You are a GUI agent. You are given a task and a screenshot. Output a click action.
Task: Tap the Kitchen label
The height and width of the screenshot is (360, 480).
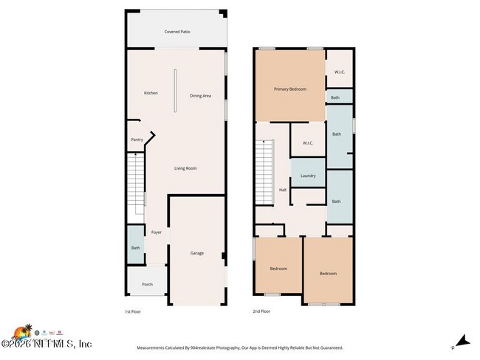[151, 93]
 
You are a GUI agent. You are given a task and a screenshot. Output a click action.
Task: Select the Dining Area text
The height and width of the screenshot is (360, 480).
[200, 96]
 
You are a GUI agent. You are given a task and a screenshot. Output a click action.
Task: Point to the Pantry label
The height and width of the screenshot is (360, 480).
[137, 139]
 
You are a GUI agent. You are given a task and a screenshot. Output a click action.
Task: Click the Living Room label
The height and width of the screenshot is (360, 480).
[185, 168]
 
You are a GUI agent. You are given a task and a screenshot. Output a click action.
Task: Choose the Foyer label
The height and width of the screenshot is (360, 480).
[157, 232]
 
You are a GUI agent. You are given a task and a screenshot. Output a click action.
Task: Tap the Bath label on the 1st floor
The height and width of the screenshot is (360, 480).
[135, 248]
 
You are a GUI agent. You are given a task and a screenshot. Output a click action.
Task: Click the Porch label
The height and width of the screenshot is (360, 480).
[147, 284]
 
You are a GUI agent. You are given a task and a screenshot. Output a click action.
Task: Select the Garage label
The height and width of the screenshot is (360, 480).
[197, 253]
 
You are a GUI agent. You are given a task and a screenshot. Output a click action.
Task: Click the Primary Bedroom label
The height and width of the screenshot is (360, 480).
[289, 89]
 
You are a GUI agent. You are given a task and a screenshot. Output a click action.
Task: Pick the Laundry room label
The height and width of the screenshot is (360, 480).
[308, 176]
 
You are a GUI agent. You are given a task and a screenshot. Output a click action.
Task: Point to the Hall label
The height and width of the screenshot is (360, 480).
[282, 190]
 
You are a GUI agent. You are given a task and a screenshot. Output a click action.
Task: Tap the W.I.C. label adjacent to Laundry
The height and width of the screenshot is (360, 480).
[308, 144]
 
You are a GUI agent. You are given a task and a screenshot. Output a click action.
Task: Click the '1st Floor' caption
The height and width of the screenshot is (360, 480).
[134, 311]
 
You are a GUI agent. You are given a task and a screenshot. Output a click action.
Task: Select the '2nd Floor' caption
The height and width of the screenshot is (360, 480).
[261, 311]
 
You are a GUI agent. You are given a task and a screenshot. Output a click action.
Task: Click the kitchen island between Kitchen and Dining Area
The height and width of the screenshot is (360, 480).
[175, 91]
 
